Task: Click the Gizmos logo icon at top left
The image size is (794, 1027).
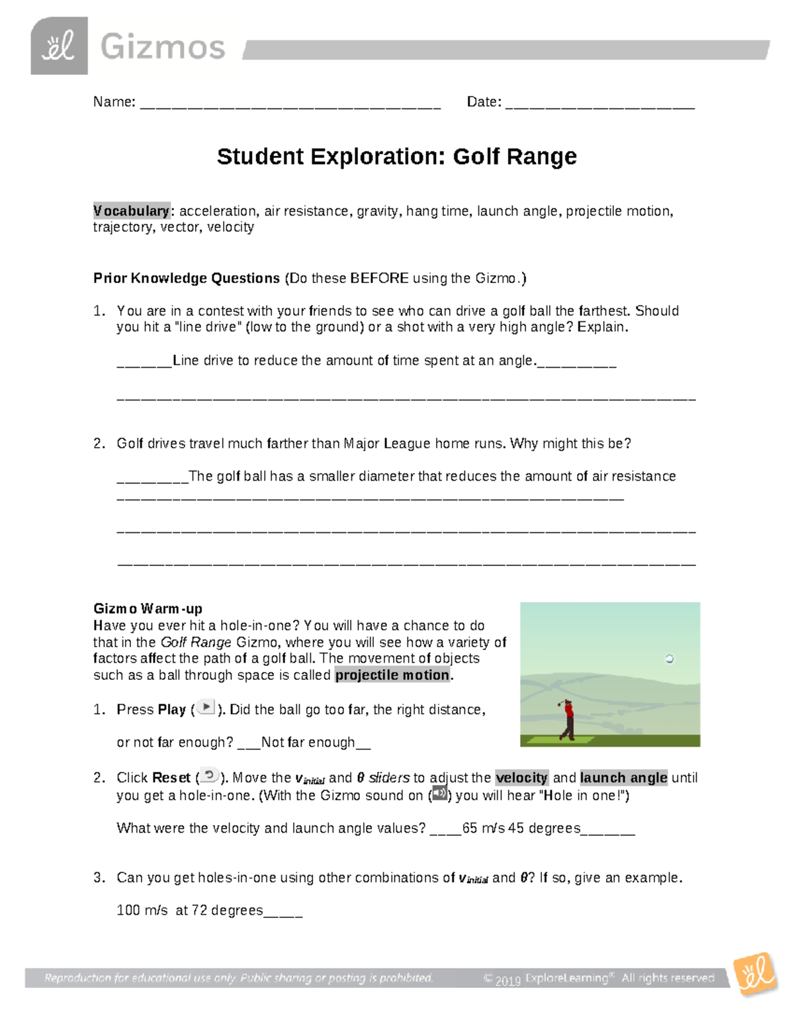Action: [59, 46]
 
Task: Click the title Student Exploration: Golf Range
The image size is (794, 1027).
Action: [396, 157]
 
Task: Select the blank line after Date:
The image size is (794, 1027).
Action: [599, 104]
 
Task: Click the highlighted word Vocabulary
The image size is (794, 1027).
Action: [131, 211]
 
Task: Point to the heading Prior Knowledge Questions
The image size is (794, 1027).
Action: [187, 278]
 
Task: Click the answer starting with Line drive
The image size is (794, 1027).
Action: [353, 360]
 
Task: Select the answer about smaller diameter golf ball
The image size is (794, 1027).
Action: [431, 476]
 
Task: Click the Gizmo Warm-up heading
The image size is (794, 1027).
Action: [148, 608]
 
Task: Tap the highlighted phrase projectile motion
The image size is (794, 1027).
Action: [392, 675]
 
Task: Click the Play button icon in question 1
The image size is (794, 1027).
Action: [206, 708]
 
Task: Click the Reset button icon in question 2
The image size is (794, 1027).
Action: [209, 776]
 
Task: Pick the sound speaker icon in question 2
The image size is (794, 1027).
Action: [439, 794]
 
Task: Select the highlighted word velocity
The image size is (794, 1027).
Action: [521, 778]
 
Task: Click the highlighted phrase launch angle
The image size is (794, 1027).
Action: [623, 778]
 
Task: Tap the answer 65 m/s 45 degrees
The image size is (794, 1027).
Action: [521, 828]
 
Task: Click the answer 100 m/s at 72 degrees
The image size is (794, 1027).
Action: [190, 911]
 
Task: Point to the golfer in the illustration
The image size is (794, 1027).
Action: [566, 719]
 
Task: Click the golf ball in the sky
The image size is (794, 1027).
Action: [669, 659]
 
